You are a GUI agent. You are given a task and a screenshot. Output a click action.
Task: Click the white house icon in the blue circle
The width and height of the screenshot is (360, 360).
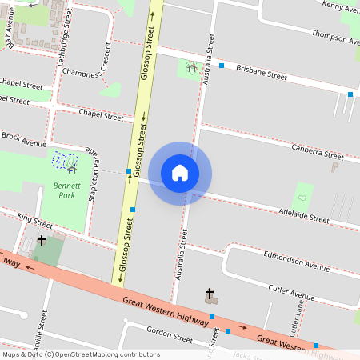[x=180, y=173]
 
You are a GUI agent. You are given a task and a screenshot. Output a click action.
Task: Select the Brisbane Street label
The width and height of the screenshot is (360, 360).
[x=262, y=72]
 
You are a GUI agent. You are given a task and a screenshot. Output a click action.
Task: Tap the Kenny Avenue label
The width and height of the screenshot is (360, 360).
[x=341, y=6]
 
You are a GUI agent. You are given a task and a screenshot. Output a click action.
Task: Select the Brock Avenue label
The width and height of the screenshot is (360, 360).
[x=24, y=139]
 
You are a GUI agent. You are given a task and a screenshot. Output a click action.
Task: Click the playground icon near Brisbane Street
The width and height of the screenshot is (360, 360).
[x=190, y=69]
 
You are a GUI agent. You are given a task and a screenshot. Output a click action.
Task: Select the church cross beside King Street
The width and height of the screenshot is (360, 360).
[x=40, y=239]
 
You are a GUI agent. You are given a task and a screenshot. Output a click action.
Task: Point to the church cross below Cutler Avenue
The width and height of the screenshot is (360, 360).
[x=210, y=294]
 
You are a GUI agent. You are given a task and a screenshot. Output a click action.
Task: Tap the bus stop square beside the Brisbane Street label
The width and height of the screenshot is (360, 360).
[x=222, y=65]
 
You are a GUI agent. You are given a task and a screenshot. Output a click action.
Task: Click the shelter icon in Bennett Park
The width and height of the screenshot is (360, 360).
[x=72, y=168]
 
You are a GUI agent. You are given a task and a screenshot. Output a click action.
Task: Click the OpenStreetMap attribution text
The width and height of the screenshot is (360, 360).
[x=81, y=354]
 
